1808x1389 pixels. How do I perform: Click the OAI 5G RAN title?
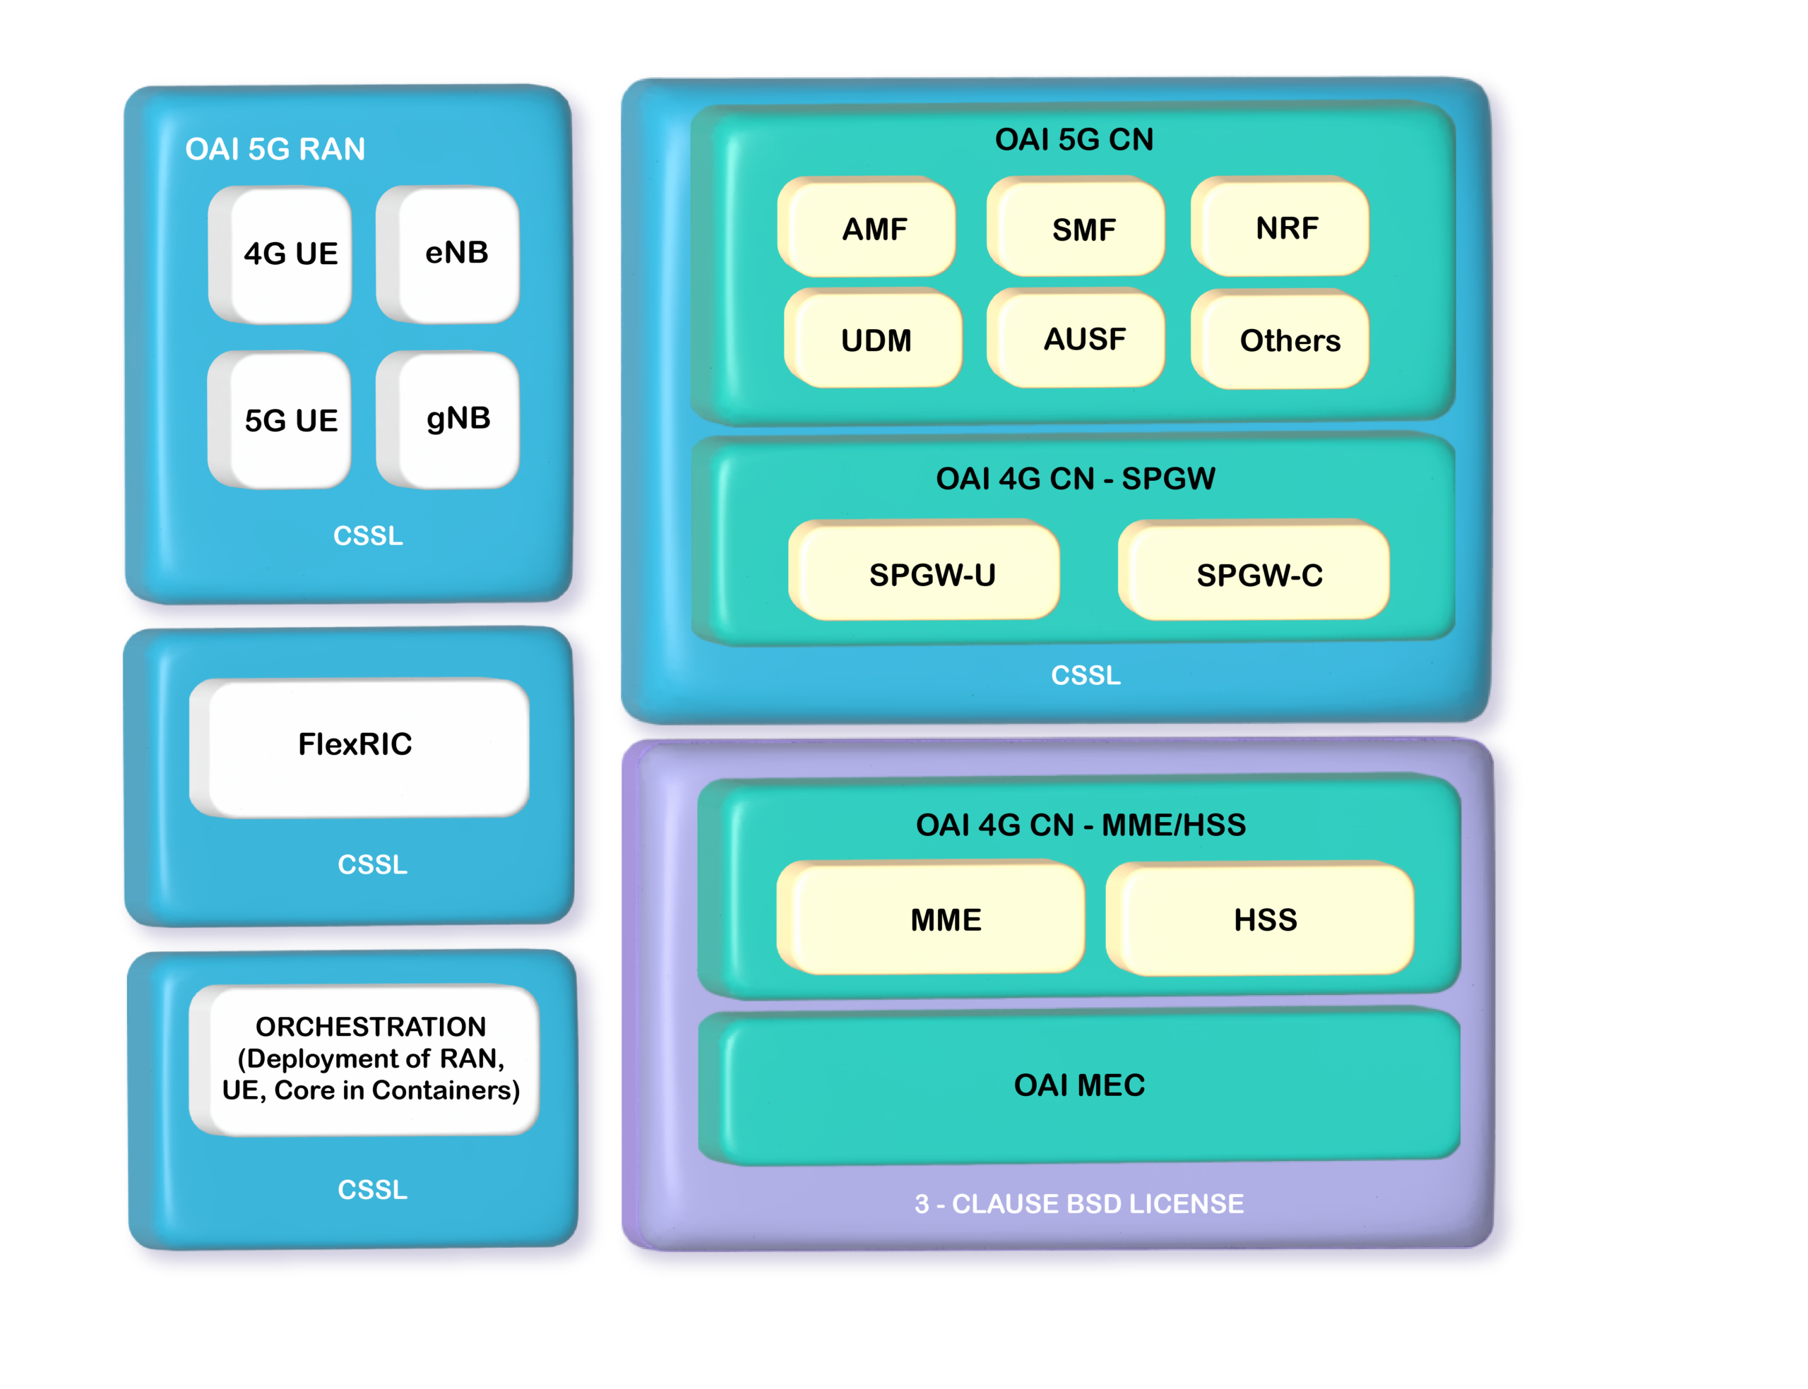[275, 150]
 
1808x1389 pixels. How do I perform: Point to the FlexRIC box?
[359, 746]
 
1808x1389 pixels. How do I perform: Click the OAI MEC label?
[1080, 1085]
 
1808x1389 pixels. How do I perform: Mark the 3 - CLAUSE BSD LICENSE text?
[1079, 1204]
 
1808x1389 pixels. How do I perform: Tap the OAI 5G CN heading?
[1074, 140]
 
